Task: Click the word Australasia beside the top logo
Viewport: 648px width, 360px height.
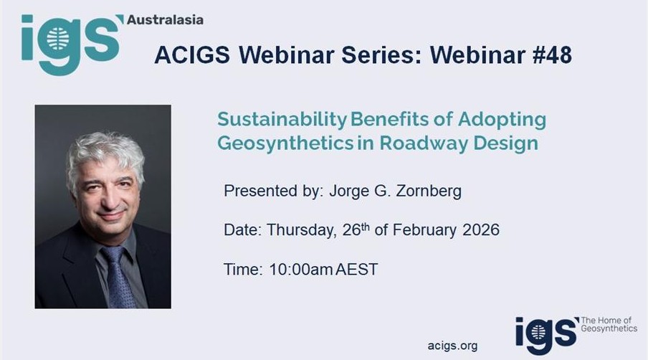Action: pos(164,19)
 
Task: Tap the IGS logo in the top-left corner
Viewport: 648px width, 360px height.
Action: pos(69,41)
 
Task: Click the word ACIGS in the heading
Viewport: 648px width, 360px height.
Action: pos(187,56)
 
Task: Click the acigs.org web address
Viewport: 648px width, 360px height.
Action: pos(452,345)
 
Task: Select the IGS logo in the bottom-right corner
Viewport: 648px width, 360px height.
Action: pos(545,331)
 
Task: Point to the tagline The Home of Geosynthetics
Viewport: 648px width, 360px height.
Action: pos(608,324)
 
